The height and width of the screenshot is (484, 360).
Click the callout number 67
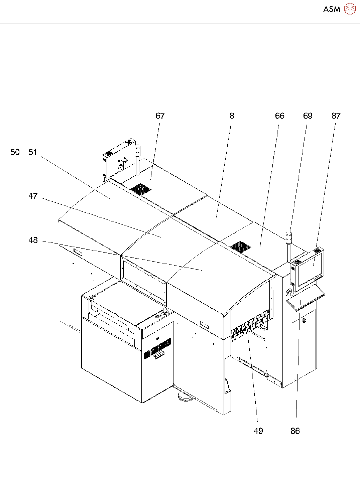coord(160,116)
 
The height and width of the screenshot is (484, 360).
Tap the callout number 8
coord(232,116)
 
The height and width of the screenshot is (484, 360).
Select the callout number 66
coord(280,116)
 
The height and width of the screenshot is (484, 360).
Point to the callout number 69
coord(308,116)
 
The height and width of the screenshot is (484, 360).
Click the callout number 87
coord(336,116)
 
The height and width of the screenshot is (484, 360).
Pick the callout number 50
coord(15,152)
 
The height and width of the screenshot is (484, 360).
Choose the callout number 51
coord(33,152)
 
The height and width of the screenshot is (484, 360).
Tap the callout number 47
coord(33,196)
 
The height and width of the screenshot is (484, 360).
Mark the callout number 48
coord(33,240)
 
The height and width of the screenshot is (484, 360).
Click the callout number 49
coord(258,431)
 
